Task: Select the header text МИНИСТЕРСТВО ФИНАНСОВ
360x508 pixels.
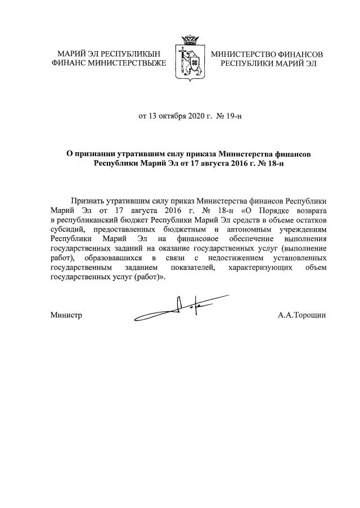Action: [267, 55]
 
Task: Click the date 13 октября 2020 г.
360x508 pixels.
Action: [173, 117]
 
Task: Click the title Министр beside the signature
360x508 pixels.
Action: [66, 315]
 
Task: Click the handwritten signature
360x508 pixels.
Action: [180, 308]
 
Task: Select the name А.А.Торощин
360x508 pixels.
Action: [301, 315]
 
